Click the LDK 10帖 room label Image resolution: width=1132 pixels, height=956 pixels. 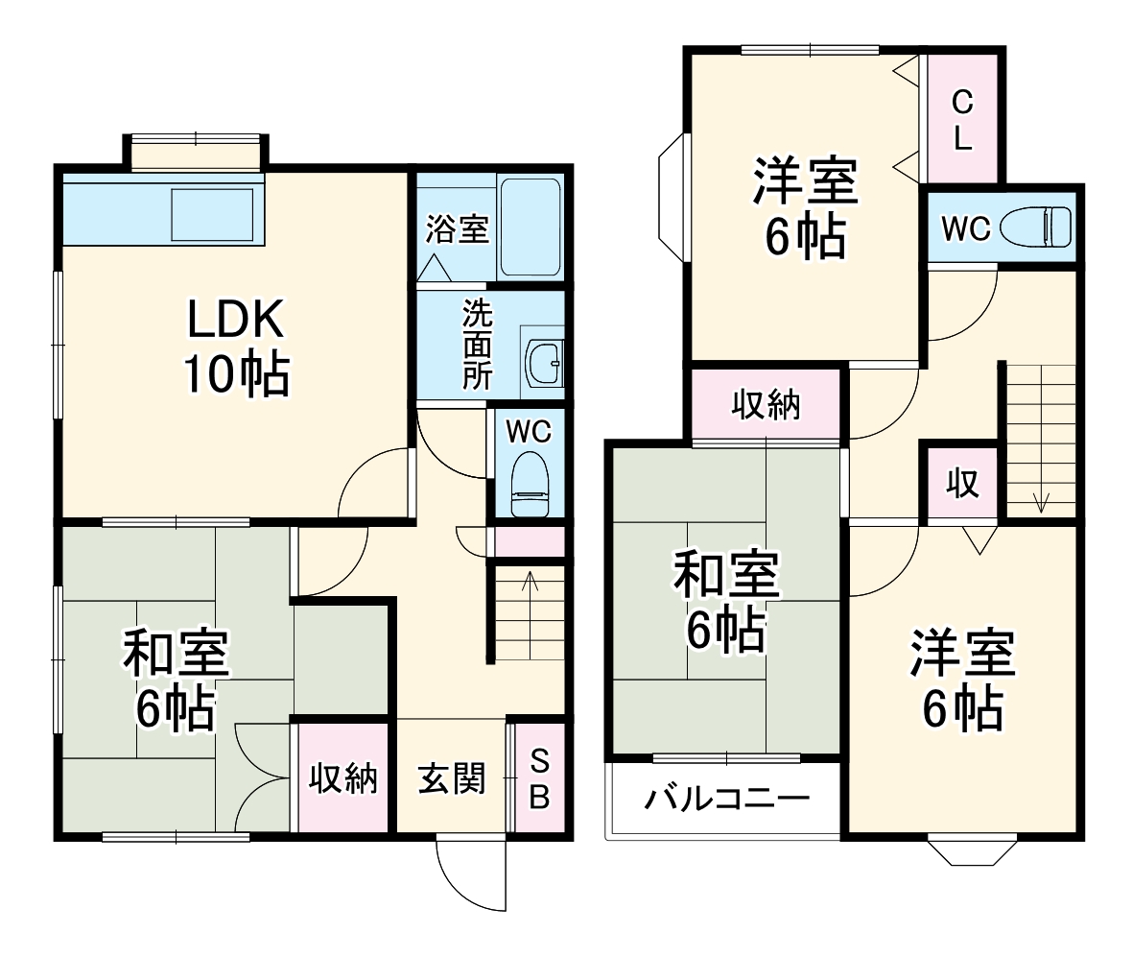tap(235, 347)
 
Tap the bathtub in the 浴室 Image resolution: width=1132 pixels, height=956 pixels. tap(530, 227)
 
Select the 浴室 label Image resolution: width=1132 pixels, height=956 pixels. tap(458, 229)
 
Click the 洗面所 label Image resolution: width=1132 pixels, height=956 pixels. tap(476, 344)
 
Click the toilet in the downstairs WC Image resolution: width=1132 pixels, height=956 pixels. tap(529, 485)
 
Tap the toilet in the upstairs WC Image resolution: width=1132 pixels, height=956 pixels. tap(1035, 228)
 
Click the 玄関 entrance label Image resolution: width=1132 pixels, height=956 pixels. tap(451, 778)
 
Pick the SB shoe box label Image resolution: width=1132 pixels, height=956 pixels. tap(540, 778)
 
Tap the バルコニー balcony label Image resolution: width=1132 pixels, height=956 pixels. tap(726, 799)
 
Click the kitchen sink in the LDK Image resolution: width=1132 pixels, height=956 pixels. tap(212, 215)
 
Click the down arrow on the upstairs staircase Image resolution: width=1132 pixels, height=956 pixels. tap(1041, 499)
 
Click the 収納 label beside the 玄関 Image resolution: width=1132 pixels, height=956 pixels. tap(342, 779)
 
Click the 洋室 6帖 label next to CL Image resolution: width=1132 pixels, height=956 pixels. tap(804, 209)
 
